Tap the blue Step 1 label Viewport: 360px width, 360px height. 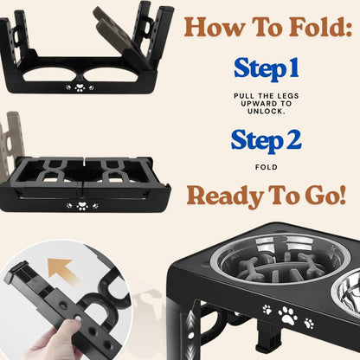click(266, 69)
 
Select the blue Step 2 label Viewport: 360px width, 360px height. click(266, 141)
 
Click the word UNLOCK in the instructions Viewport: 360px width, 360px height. click(266, 112)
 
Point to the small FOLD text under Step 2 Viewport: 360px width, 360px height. click(267, 167)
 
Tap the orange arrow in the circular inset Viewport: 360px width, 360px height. click(62, 270)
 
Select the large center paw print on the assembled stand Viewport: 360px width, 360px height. click(288, 316)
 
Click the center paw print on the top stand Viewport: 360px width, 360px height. click(80, 87)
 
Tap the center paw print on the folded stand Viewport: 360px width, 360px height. click(82, 206)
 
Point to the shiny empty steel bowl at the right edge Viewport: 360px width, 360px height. click(346, 292)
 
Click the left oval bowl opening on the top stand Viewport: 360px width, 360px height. click(49, 74)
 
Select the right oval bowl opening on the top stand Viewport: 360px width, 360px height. click(110, 74)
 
